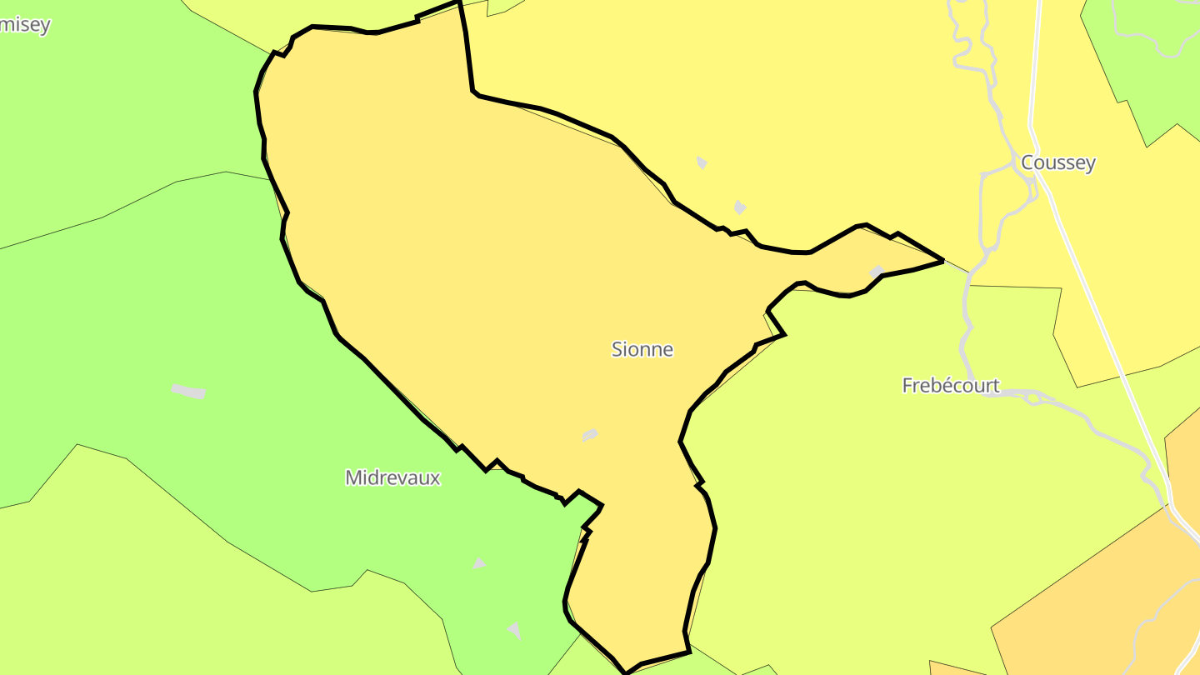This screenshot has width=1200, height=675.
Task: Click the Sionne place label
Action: pos(642,349)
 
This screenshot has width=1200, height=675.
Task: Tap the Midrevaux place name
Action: pos(392,477)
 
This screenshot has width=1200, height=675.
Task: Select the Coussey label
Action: pos(1057,162)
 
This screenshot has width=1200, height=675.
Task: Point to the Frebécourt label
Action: pos(951,385)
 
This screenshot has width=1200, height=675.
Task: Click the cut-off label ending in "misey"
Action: pos(24,25)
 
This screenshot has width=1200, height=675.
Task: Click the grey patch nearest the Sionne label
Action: pos(589,435)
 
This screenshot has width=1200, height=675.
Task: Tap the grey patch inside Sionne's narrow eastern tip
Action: pos(876,272)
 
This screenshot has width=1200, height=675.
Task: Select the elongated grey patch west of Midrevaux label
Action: pos(189,391)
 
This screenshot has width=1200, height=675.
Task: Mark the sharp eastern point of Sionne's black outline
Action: pos(942,261)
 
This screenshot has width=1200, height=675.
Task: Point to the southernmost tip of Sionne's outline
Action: pos(626,672)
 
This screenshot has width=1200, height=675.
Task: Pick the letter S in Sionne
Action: pos(617,349)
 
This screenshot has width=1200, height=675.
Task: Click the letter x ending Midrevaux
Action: pos(434,478)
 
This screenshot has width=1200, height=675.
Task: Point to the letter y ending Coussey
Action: pos(1089,164)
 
